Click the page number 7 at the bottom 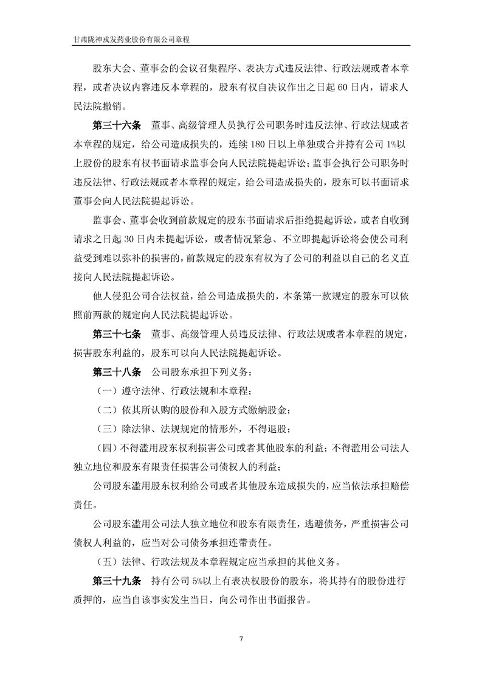(x=241, y=639)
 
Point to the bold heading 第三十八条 (x=116, y=371)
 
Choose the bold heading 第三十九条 (x=116, y=580)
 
